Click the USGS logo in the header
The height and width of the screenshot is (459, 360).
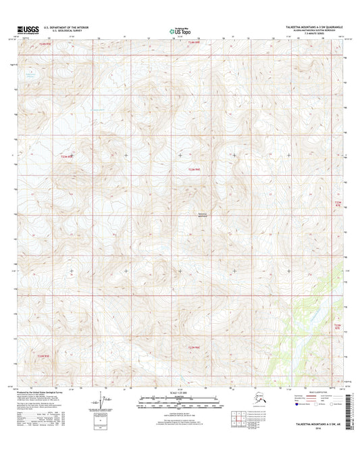coord(24,30)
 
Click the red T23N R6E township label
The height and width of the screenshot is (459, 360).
coord(193,169)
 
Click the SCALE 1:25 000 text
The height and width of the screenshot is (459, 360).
coord(179,393)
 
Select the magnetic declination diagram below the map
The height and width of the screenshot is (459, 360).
coord(101,406)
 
